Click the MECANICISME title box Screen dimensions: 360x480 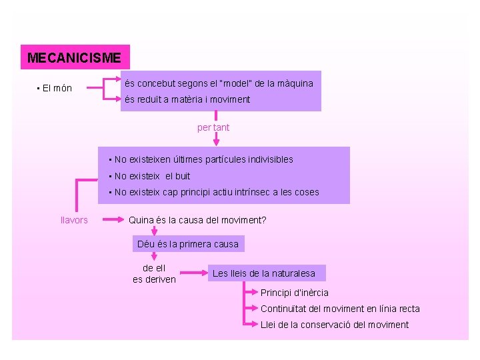click(75, 58)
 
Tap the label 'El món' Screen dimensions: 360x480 click(56, 88)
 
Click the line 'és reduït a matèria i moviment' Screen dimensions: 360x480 click(187, 99)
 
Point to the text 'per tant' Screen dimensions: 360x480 click(213, 127)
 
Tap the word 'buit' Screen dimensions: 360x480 click(182, 176)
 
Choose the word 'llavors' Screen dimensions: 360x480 click(74, 220)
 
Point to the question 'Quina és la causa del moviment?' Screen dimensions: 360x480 click(197, 220)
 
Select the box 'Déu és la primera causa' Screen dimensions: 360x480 click(188, 244)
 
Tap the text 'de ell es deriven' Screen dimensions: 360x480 click(154, 273)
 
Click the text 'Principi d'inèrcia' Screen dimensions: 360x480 click(294, 293)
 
